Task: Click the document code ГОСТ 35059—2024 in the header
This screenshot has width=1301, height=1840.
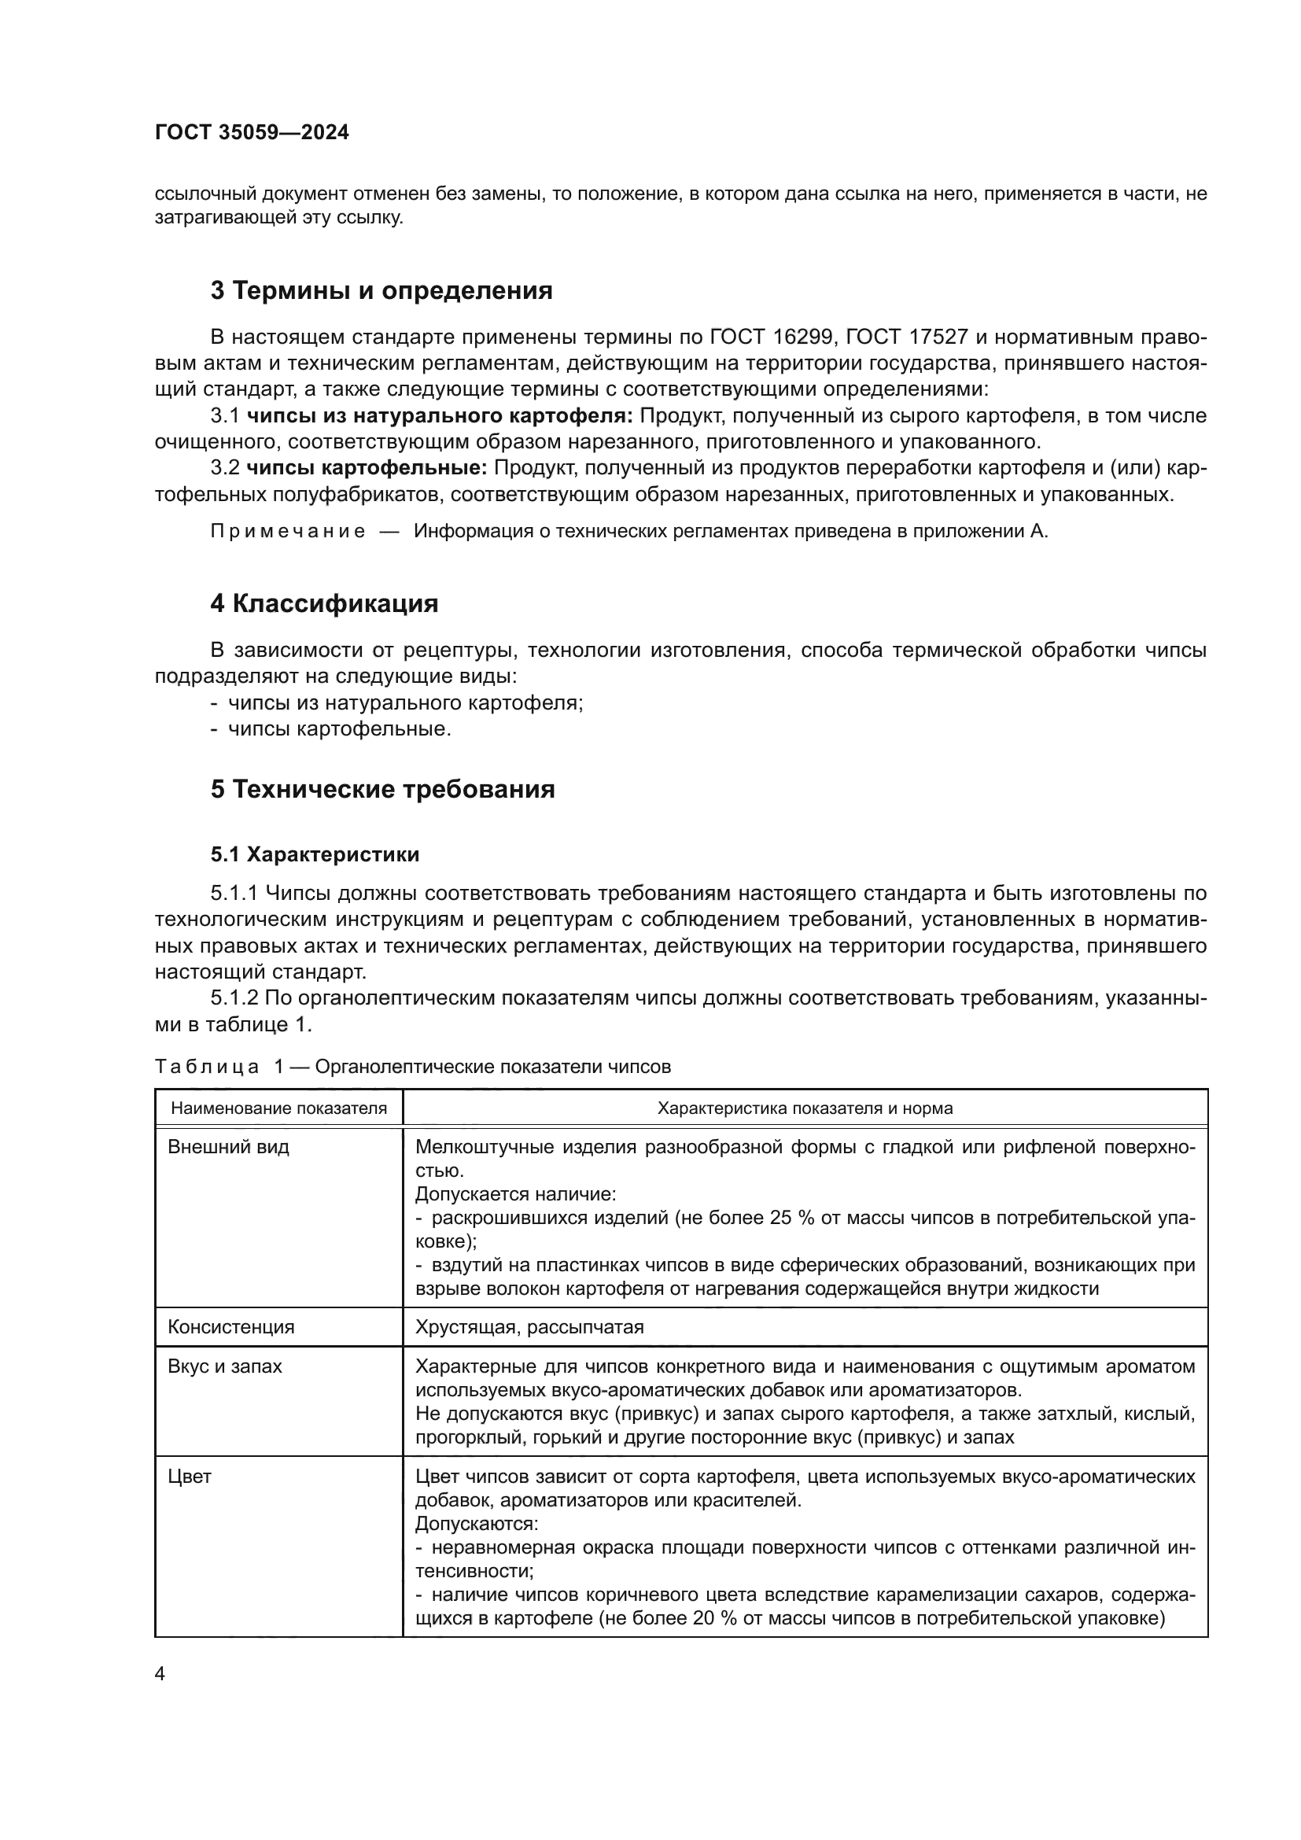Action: tap(252, 132)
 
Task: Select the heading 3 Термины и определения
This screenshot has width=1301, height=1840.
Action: tap(381, 290)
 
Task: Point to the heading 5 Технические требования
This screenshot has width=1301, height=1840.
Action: tap(382, 788)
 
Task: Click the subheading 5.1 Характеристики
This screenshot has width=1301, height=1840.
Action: tap(315, 854)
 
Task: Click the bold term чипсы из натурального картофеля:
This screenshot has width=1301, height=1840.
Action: tap(440, 415)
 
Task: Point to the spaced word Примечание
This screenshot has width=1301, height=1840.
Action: tap(288, 531)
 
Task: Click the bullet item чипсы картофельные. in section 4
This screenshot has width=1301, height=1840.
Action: tap(339, 729)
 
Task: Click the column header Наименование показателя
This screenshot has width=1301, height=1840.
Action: tap(278, 1108)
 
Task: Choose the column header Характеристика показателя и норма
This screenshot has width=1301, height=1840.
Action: tap(805, 1108)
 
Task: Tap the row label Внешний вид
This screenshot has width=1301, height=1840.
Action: tap(228, 1147)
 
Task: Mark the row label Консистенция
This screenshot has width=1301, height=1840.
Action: tap(230, 1326)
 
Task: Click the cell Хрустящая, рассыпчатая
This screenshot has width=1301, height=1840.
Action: tap(529, 1326)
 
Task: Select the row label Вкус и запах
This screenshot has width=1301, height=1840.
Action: tap(225, 1366)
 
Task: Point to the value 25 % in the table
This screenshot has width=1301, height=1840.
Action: tap(792, 1218)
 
